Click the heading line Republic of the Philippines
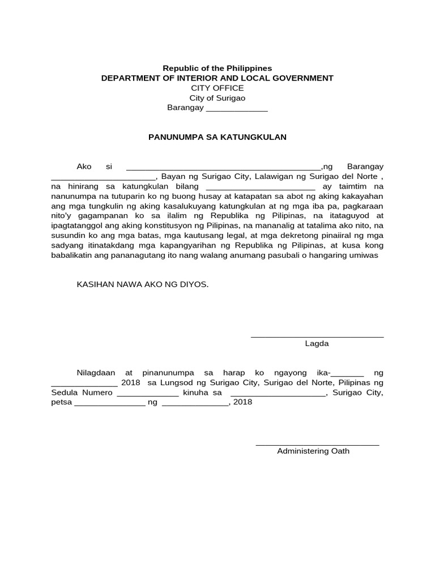click(217, 68)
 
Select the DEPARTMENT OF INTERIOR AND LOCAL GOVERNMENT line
click(217, 78)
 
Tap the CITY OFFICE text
click(217, 88)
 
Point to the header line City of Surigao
click(217, 98)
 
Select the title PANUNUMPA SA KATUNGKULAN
click(217, 137)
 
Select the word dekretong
click(296, 235)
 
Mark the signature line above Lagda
click(317, 337)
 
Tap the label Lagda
click(317, 344)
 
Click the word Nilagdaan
click(96, 373)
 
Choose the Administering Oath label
click(313, 451)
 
